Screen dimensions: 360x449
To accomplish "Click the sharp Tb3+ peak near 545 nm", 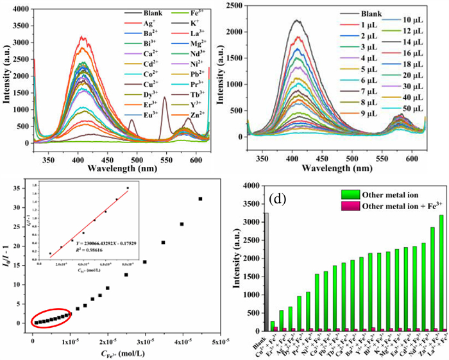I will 164,98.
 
